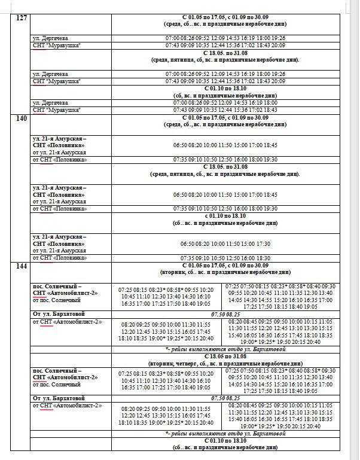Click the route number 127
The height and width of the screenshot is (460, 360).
(x=22, y=18)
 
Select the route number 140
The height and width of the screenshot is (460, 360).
(x=22, y=118)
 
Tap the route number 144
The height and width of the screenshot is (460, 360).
(x=22, y=267)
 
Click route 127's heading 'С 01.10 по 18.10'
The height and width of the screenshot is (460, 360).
(x=225, y=88)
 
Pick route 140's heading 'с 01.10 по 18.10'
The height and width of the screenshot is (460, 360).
(x=225, y=215)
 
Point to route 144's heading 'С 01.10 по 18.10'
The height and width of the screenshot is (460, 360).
(x=225, y=440)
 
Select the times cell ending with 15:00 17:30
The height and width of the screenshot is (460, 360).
(x=225, y=244)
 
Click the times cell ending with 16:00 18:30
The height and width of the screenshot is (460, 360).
(x=225, y=258)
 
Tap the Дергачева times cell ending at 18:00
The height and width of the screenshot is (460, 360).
(x=225, y=103)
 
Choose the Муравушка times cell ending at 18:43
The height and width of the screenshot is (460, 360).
(x=225, y=110)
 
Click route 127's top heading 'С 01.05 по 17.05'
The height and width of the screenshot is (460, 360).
(x=225, y=18)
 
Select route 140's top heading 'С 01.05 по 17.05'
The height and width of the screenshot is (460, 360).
(x=225, y=118)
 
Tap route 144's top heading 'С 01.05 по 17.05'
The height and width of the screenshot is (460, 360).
(x=225, y=265)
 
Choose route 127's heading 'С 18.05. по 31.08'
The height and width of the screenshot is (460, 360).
(x=225, y=53)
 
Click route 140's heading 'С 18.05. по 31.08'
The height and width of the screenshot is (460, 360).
(x=225, y=167)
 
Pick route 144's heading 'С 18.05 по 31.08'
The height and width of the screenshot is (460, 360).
(x=225, y=356)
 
